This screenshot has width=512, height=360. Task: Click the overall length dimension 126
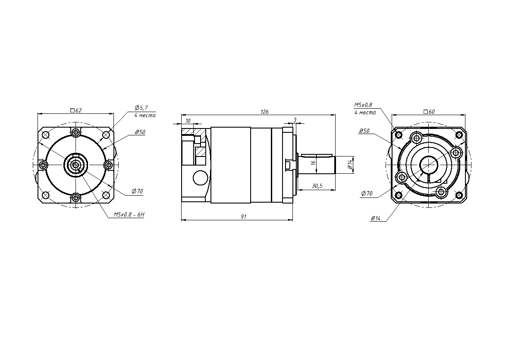(x=264, y=112)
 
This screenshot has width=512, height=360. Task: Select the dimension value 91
(x=244, y=216)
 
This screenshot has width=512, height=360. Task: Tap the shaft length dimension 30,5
(x=317, y=186)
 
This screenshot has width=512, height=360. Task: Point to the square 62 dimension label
(x=76, y=110)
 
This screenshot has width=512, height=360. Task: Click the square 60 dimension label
(x=429, y=112)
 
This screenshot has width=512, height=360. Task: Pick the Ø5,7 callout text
(x=141, y=107)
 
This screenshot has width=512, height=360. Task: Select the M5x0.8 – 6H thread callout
(x=129, y=215)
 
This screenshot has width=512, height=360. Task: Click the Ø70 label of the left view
(x=138, y=191)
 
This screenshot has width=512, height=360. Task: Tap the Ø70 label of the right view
(x=367, y=194)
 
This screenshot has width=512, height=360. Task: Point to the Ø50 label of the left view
(x=140, y=132)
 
